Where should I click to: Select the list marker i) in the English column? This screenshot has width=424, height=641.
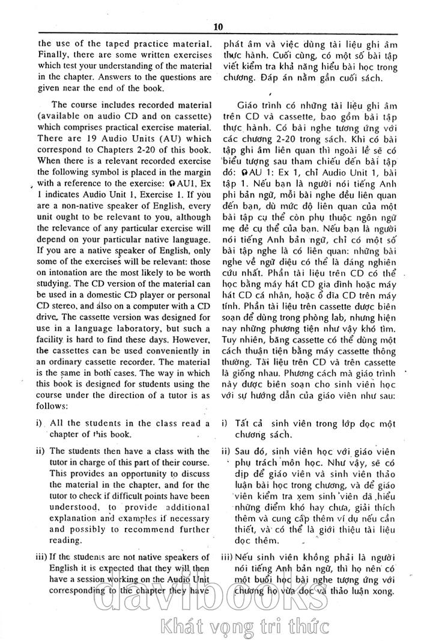(41, 423)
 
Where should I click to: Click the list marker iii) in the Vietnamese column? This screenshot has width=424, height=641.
(228, 557)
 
